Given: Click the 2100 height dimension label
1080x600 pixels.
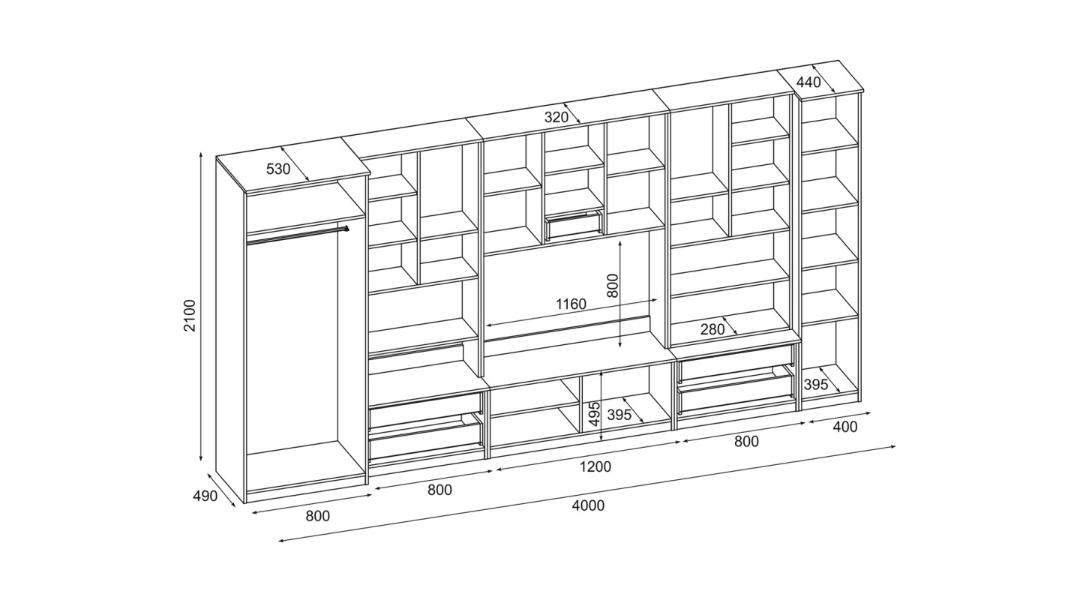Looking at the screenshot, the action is [x=190, y=316].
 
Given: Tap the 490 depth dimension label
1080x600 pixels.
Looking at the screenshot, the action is [x=205, y=496].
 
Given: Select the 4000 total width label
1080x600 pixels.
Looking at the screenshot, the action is [x=588, y=505].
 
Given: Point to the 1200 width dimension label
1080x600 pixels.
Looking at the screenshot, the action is [x=595, y=467].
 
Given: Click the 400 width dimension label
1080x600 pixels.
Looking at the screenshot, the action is [x=845, y=426].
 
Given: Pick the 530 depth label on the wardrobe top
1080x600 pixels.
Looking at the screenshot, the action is [x=278, y=169].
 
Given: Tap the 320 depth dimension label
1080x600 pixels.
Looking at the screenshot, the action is [x=556, y=117].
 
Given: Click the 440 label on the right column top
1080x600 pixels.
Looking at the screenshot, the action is [x=808, y=82].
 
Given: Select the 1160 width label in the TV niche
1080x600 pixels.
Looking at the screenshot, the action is [x=571, y=304].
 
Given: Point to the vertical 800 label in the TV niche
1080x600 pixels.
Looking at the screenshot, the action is [x=611, y=286].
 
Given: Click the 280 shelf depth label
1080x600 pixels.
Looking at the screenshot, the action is [x=712, y=329].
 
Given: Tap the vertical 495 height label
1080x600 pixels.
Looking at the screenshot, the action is [x=595, y=414].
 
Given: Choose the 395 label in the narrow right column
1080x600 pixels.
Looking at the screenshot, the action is [x=816, y=385].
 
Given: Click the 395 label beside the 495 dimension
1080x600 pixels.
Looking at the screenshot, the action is [x=619, y=415].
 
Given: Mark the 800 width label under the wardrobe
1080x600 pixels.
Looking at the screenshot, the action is [x=318, y=516].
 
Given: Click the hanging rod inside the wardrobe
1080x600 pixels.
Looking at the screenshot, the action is [x=298, y=235].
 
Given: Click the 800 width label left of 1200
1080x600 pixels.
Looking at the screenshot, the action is [x=439, y=490].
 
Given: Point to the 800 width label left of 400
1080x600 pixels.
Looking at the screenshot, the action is [x=746, y=441].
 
